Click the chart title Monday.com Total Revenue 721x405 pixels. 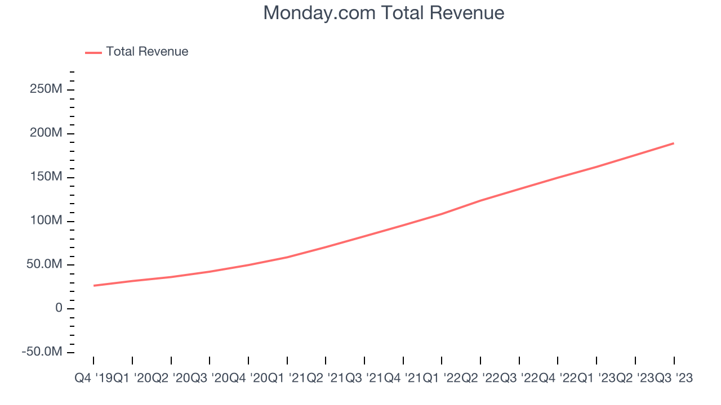[384, 13]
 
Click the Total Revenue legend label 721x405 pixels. [147, 52]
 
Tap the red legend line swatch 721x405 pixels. [94, 52]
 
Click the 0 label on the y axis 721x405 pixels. [59, 308]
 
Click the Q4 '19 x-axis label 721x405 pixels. [94, 379]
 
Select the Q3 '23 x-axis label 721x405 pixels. [674, 379]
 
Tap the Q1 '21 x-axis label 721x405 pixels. [287, 379]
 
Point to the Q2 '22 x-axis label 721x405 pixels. [480, 379]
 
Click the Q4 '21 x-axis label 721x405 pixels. [403, 379]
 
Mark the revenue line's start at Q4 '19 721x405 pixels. [94, 286]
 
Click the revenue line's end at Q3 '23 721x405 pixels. [674, 143]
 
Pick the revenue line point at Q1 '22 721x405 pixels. [442, 214]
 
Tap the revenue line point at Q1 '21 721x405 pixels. [287, 257]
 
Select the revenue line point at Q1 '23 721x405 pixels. [597, 166]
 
